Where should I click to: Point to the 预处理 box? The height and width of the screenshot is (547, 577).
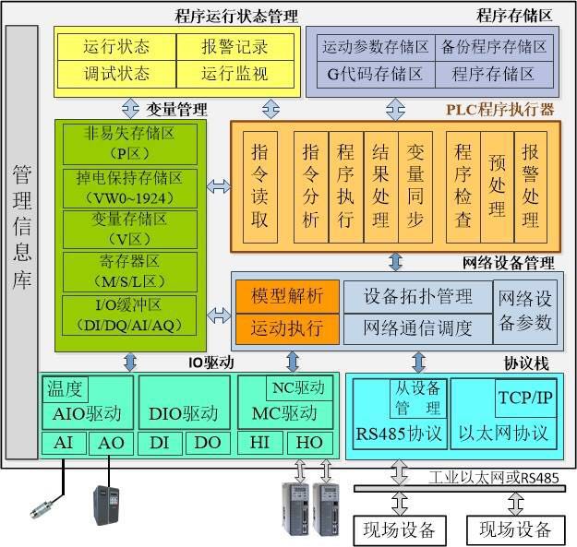[498, 185]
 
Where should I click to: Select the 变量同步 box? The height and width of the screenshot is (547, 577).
[415, 185]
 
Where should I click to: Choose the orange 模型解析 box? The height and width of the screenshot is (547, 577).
[287, 296]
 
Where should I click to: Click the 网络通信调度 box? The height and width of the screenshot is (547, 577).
[418, 327]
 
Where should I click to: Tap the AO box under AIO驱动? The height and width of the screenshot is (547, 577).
[112, 444]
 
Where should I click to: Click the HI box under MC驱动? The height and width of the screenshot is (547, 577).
[260, 444]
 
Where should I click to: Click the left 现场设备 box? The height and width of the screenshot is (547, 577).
[400, 529]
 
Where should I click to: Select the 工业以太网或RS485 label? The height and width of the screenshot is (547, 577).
[494, 477]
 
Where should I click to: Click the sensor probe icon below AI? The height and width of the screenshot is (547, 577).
[42, 508]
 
